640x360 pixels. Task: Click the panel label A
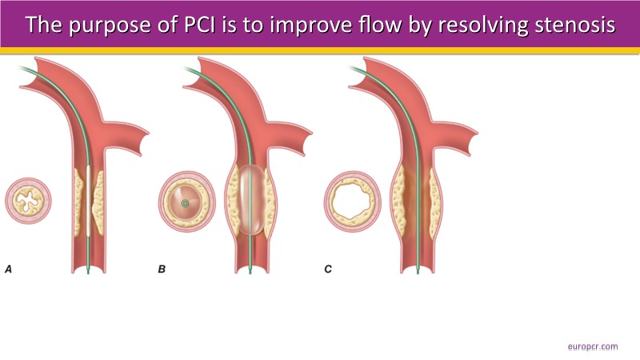point(9,270)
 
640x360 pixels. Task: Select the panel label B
point(162,270)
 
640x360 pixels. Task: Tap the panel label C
point(329,270)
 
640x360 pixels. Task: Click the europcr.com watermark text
point(592,346)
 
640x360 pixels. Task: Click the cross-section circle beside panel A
point(28,201)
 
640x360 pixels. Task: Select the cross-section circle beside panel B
point(185,203)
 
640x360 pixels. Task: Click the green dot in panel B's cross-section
point(185,203)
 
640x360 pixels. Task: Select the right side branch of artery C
point(464,136)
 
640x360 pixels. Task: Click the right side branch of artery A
point(132,136)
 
